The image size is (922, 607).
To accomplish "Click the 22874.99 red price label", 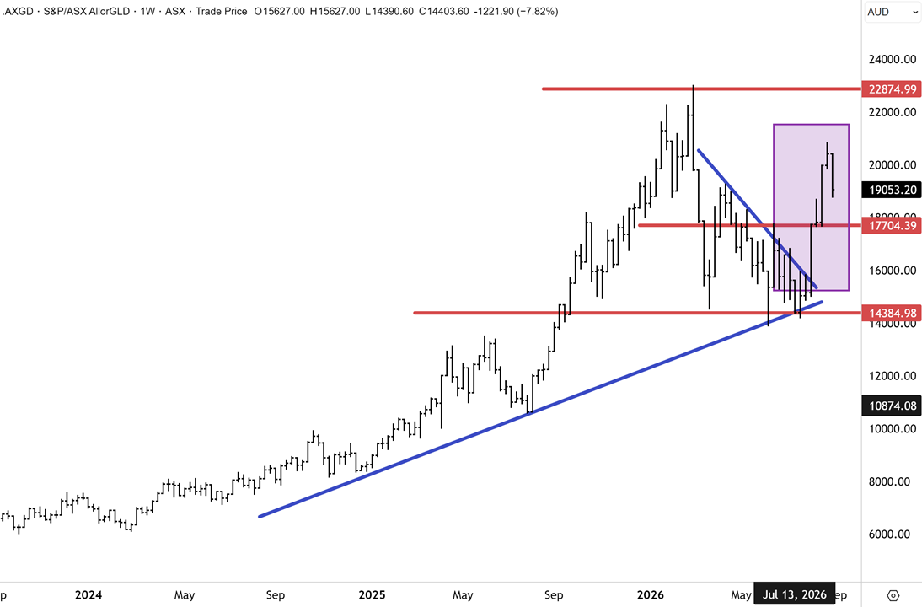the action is click(892, 89).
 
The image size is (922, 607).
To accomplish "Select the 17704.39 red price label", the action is click(892, 225).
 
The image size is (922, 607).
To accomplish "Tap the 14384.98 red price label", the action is click(892, 313).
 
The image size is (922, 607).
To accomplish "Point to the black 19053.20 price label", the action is click(892, 190).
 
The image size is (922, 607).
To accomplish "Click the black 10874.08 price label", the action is click(892, 406).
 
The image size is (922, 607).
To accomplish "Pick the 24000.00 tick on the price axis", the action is click(893, 59).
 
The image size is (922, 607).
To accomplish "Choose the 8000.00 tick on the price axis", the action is click(893, 481).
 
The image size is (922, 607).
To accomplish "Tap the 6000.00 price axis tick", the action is click(893, 534).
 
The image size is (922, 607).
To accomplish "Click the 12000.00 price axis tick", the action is click(893, 376).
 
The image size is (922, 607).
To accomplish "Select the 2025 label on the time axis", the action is click(373, 594).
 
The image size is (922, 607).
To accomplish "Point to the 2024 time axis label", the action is click(88, 594).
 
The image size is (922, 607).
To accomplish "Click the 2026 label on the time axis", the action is click(651, 594).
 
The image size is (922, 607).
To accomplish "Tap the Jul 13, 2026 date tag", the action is click(795, 594).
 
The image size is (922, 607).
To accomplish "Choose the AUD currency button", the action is click(878, 12).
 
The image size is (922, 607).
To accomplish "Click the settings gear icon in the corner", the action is click(893, 595).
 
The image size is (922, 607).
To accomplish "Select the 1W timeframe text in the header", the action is click(147, 11).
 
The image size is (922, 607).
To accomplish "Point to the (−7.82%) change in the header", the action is click(538, 11).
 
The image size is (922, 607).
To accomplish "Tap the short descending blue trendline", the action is click(758, 219).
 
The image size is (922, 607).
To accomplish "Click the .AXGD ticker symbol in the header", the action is click(19, 11).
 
